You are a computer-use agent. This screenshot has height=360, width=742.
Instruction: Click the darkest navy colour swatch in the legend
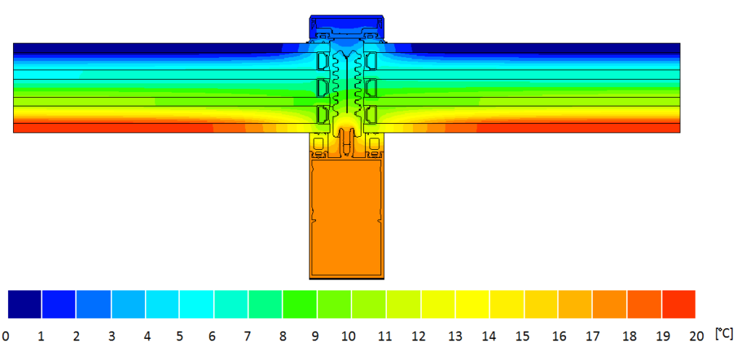[x=25, y=304]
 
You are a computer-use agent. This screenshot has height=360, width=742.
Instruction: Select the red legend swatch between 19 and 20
[x=678, y=304]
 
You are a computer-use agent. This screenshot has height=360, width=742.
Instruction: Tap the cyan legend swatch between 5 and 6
[x=196, y=304]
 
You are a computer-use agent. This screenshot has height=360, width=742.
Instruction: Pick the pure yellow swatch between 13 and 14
[x=472, y=304]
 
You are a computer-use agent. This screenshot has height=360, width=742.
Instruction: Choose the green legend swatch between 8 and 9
[x=299, y=304]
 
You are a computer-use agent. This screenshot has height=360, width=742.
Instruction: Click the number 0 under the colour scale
[x=6, y=336]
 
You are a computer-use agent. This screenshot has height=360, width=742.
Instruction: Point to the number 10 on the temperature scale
[x=349, y=336]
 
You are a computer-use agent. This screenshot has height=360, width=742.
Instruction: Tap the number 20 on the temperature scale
[x=696, y=336]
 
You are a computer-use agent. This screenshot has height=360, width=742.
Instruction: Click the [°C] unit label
[x=724, y=334]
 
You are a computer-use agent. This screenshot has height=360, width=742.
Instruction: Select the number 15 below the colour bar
[x=522, y=336]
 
